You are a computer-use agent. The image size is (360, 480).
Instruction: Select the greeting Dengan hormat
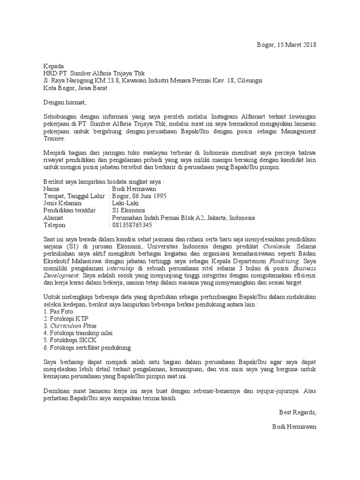tap(65, 102)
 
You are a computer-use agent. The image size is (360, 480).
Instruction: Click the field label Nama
tap(52, 189)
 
